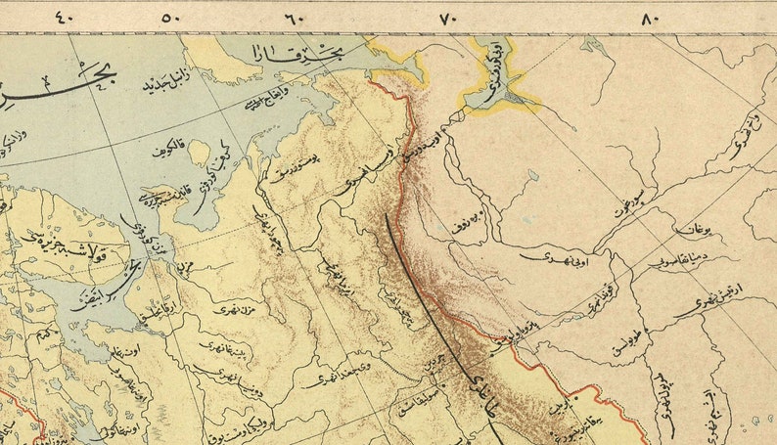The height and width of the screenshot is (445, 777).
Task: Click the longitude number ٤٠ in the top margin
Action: point(64,17)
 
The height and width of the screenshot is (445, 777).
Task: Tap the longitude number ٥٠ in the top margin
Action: point(172,17)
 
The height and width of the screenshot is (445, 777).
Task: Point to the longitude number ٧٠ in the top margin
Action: point(448,17)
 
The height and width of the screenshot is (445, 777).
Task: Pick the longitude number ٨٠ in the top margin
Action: point(652,17)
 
